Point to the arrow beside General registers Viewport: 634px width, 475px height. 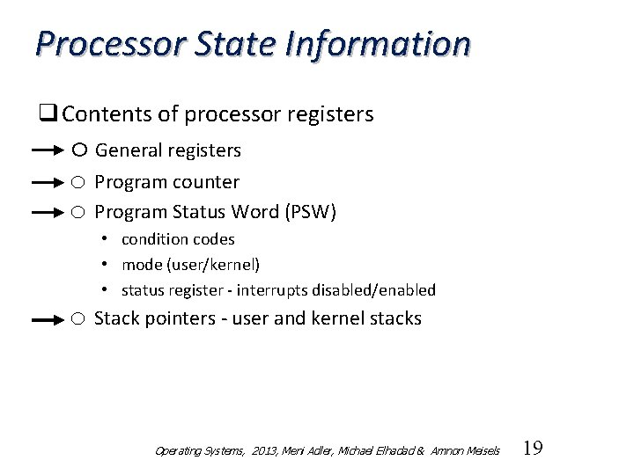(49, 151)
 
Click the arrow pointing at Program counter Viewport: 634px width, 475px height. (49, 183)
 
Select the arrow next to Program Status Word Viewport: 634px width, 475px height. (49, 213)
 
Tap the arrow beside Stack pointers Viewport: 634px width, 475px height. (49, 321)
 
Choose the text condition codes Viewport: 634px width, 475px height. (178, 239)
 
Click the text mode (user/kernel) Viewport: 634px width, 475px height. (190, 265)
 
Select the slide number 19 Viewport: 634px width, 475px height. (533, 449)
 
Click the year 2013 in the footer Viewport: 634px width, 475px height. (262, 451)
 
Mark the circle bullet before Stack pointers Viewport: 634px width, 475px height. (78, 319)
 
